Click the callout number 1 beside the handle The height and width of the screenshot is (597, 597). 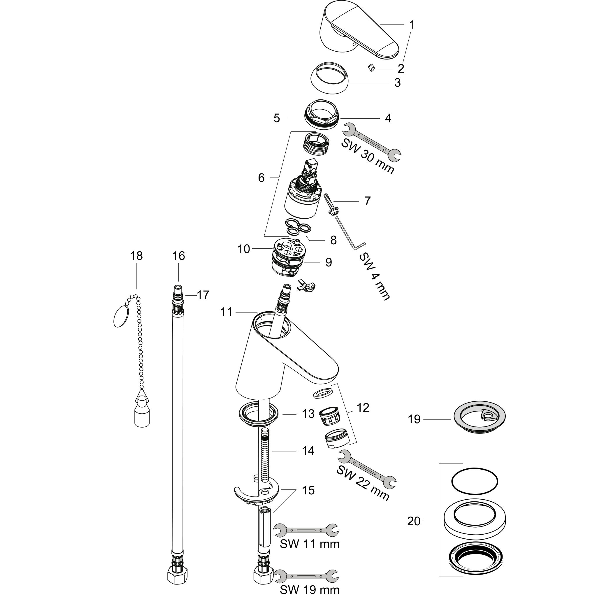[412, 24]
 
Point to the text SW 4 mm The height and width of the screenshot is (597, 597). [375, 277]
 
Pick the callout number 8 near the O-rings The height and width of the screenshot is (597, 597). [333, 240]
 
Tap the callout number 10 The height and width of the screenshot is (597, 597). [243, 249]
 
